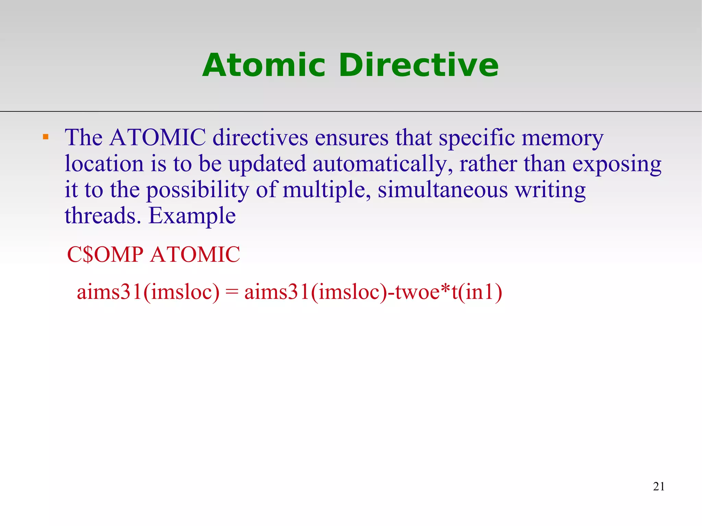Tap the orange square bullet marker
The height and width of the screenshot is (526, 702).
point(46,137)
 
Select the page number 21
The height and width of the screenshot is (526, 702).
point(659,487)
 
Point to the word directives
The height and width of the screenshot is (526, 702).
point(260,137)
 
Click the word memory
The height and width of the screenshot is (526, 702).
point(562,138)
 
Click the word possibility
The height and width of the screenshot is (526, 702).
point(198,190)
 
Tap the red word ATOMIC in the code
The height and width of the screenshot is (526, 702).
point(195,255)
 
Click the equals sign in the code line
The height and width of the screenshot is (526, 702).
point(232,292)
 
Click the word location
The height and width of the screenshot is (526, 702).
point(104,164)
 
